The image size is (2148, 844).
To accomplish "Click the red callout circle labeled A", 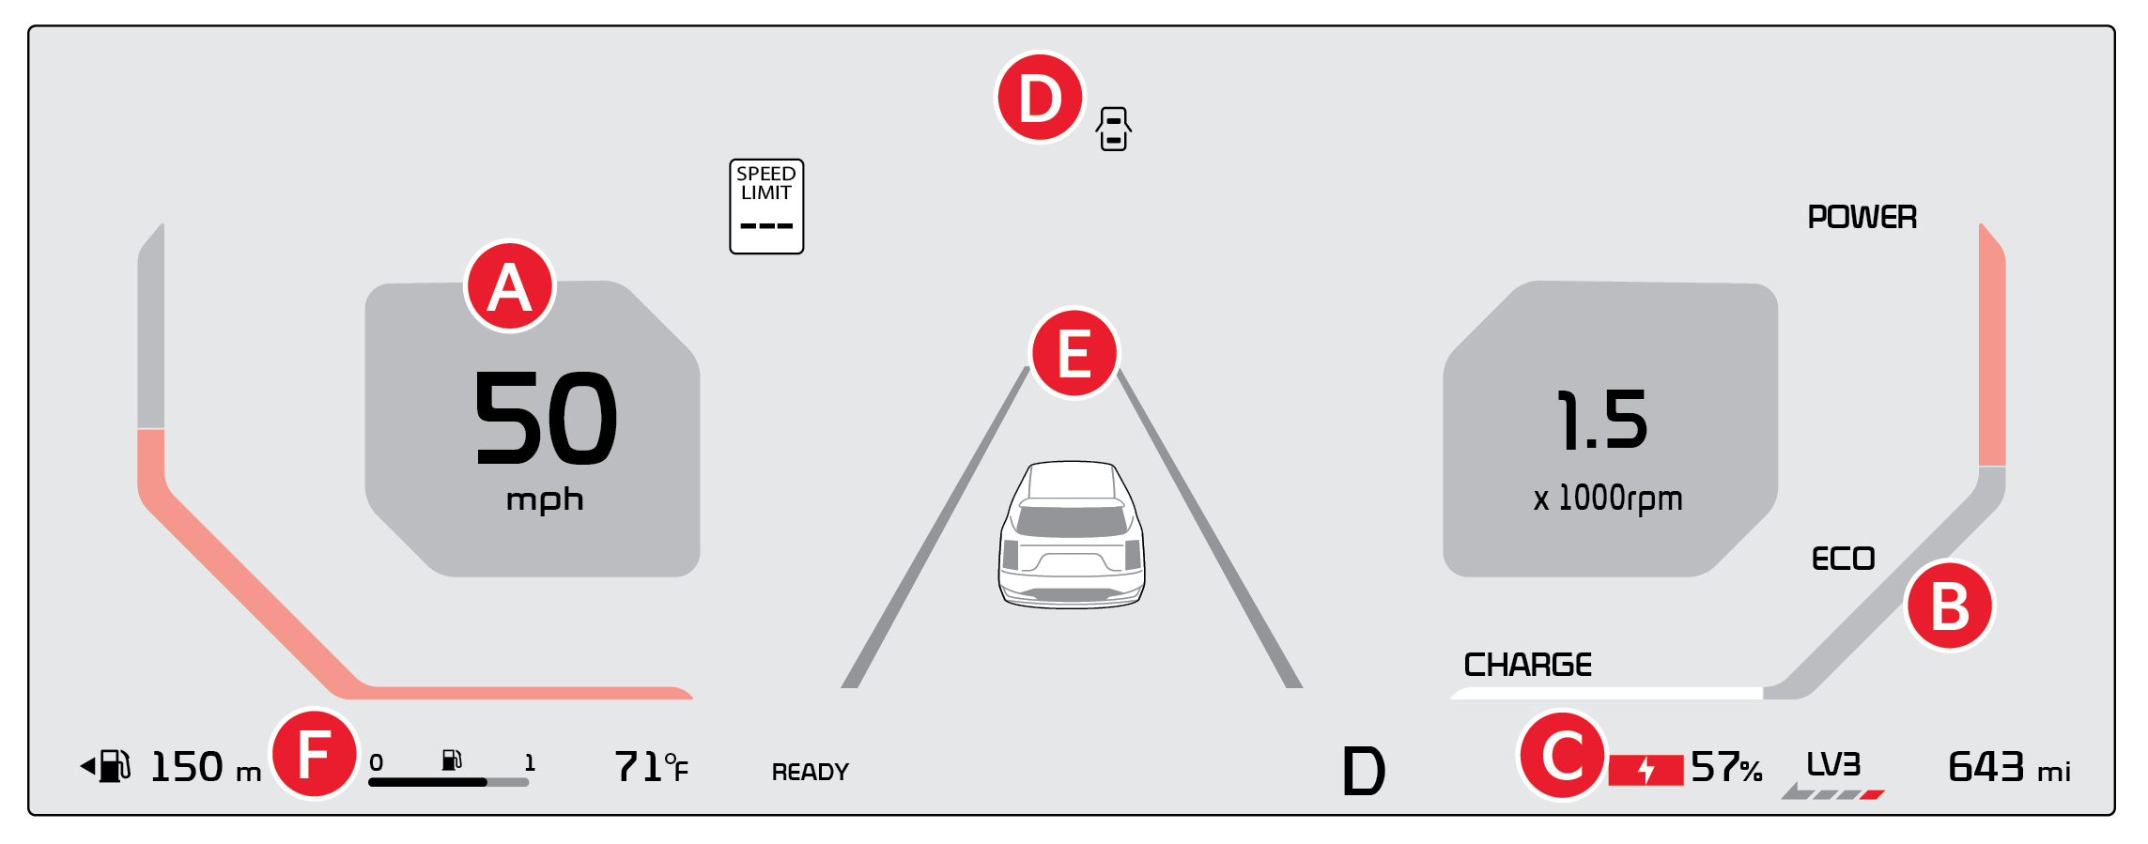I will click(510, 286).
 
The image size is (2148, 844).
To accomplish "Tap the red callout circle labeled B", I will click(1950, 606).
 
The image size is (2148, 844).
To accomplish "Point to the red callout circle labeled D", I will click(1040, 98).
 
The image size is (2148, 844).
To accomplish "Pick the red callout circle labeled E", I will click(1074, 353).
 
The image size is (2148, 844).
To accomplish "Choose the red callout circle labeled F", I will click(315, 754).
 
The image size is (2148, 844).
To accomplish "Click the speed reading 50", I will click(546, 418).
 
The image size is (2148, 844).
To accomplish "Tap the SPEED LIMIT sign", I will click(766, 207).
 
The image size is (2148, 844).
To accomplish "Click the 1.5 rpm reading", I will click(1602, 420).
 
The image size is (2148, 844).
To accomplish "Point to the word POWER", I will click(1862, 218).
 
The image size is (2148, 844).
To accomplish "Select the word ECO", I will click(1843, 560).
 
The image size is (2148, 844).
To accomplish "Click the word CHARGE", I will click(1527, 666).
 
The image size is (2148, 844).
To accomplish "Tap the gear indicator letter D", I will click(1363, 772).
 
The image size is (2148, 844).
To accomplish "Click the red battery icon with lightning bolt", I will click(1646, 770).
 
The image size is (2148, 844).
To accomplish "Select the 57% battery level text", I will click(1726, 768).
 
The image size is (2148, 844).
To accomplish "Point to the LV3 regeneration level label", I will click(1833, 764).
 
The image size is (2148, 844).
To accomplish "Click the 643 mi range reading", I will click(2008, 768).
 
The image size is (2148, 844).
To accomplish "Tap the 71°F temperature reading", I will click(651, 768).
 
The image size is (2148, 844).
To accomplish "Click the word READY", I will click(810, 772).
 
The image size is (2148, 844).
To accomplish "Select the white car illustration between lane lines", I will click(1072, 533).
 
